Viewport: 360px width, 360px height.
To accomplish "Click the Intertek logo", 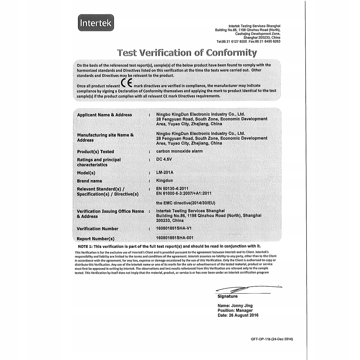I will tap(95, 22).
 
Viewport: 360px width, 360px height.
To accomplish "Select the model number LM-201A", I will tap(165, 172).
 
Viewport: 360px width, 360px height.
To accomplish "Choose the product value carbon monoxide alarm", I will tap(179, 151).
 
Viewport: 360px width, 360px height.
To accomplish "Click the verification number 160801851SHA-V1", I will tap(174, 228).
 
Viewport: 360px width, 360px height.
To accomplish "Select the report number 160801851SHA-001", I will tap(175, 238).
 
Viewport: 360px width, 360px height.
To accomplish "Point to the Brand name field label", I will tap(89, 181).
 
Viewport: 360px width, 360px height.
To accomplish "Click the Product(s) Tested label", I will tap(95, 151).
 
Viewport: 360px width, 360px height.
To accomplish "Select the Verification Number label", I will tap(97, 229).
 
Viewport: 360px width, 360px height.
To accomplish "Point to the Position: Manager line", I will tap(235, 310).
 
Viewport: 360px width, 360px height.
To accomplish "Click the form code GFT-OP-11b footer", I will tap(271, 339).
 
